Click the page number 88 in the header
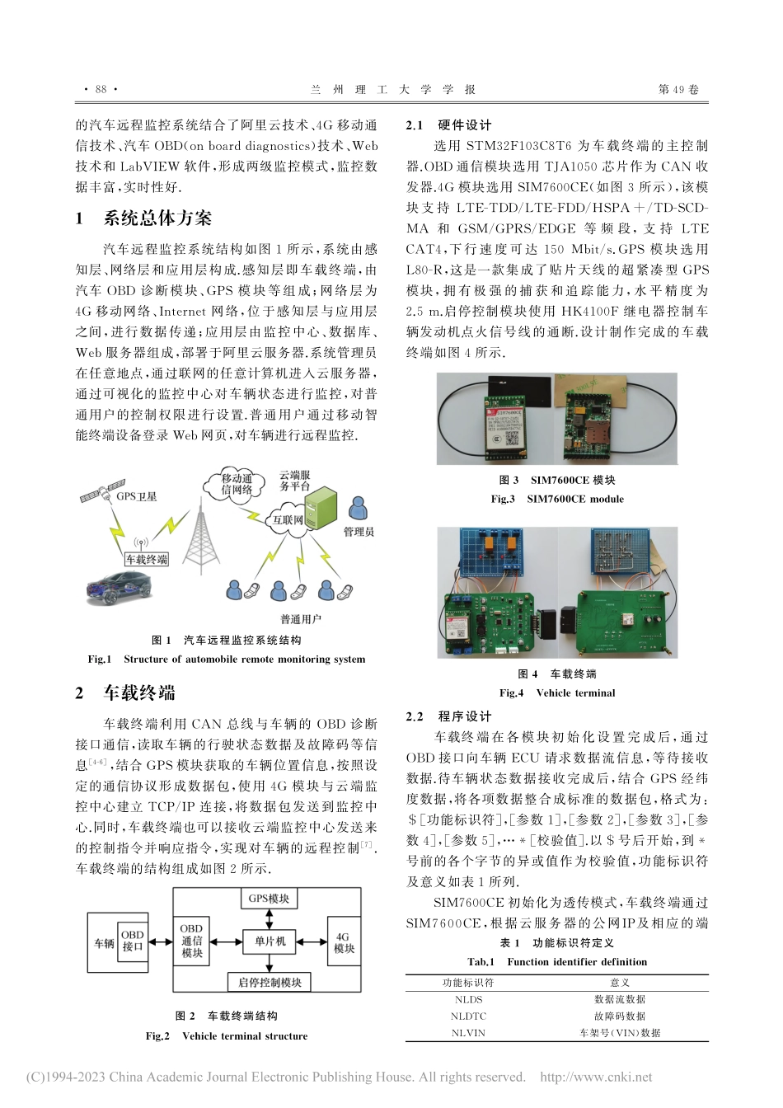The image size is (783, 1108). tap(101, 90)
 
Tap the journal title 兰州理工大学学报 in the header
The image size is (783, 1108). tap(392, 90)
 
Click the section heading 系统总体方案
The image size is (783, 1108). tap(157, 218)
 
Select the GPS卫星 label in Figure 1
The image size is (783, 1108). tap(136, 496)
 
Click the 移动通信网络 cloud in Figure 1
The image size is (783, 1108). tap(237, 484)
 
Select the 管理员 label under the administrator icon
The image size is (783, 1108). tap(359, 532)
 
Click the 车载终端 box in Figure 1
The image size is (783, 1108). tap(147, 559)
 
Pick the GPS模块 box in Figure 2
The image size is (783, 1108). tap(269, 898)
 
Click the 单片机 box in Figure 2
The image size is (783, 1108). tap(270, 941)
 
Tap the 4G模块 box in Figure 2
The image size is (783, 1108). tap(344, 942)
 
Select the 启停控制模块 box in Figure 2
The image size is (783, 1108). tap(270, 982)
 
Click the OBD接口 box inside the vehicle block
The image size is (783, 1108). tap(132, 941)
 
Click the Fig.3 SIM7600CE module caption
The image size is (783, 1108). tap(557, 499)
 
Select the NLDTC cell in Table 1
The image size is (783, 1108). tap(468, 1016)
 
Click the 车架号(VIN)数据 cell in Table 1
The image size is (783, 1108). tap(620, 1033)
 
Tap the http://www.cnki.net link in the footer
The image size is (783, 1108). tap(595, 1077)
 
